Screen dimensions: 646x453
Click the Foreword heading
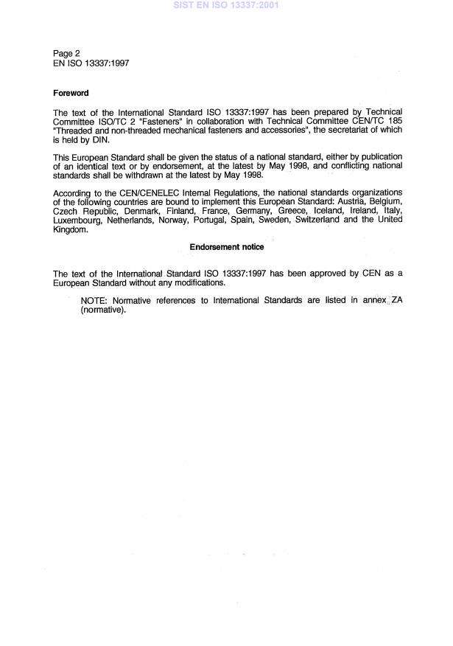tap(71, 93)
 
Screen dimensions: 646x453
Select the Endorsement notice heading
tap(227, 247)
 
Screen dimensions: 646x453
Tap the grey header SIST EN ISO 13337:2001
tap(226, 5)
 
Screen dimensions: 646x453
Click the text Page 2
tap(66, 53)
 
